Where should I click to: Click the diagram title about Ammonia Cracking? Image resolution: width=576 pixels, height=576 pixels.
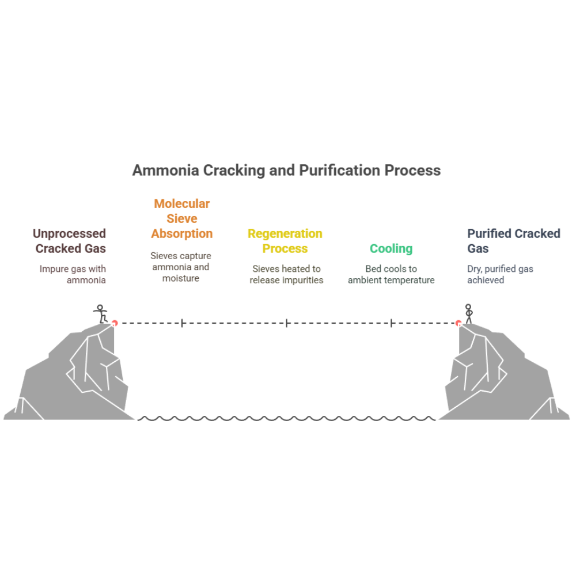[286, 170]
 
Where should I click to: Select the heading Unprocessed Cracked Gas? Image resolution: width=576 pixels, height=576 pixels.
[70, 241]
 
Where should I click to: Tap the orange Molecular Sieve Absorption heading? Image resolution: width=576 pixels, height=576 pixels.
[181, 218]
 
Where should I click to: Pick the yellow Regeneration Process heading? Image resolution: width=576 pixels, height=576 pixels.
[285, 241]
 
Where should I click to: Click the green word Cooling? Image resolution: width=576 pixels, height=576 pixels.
[391, 248]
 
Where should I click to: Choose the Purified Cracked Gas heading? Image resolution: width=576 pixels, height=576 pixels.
[513, 241]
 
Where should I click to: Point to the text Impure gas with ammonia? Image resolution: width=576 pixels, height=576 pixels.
[73, 274]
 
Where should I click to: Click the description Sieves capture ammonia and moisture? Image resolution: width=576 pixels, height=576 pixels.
[181, 267]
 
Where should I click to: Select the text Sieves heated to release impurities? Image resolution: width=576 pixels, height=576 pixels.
[286, 274]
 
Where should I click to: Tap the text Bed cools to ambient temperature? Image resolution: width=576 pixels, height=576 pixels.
[391, 274]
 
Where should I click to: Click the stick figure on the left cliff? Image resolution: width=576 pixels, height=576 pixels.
[101, 313]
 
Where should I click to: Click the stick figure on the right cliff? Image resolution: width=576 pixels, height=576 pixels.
[469, 313]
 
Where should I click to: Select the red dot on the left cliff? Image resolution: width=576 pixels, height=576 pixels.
[114, 323]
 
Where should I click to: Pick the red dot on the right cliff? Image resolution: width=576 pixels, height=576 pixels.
[458, 323]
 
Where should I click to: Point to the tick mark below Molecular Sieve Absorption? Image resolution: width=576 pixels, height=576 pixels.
[182, 323]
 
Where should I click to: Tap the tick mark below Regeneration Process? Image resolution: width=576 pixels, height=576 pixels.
[286, 323]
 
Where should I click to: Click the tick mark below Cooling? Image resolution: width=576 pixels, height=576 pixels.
[391, 323]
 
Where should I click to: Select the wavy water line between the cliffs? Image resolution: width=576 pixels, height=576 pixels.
[286, 419]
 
